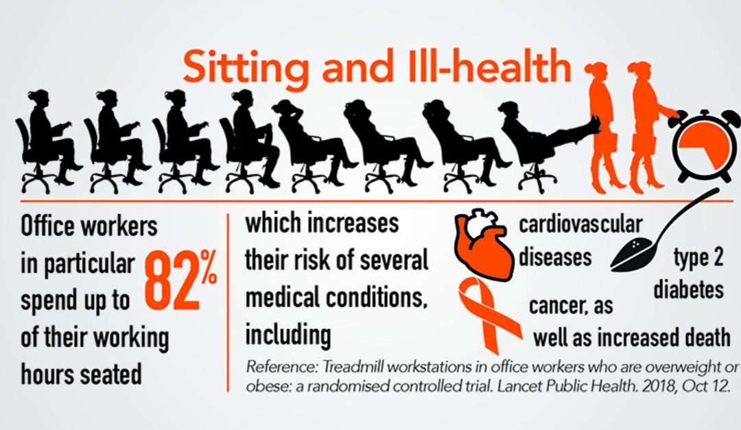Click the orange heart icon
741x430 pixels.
[484, 245]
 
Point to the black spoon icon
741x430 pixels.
[664, 232]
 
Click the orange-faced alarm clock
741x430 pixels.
[703, 147]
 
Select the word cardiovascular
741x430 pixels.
[580, 224]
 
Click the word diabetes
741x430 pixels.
[689, 289]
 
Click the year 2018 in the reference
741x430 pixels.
[655, 386]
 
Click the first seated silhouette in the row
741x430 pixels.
[47, 142]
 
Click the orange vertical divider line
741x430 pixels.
[228, 302]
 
